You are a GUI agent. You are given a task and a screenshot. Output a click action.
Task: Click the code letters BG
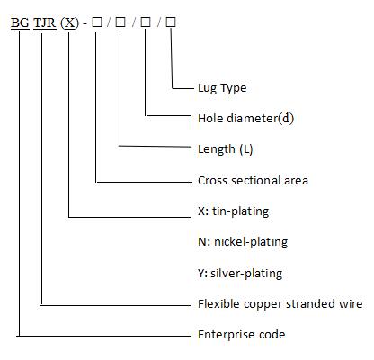[x=20, y=22]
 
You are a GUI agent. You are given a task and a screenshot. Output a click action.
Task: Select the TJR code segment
[x=45, y=22]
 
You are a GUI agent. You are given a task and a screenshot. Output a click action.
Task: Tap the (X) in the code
[x=69, y=22]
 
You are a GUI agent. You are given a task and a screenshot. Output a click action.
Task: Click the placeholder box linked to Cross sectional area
[x=97, y=22]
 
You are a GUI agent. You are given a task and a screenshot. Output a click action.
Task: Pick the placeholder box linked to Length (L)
[x=120, y=22]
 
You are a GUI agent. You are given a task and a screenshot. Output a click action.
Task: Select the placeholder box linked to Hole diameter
[x=146, y=22]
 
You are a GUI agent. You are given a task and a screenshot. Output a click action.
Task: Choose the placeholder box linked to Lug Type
[x=171, y=22]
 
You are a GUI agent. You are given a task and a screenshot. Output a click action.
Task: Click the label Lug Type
[x=222, y=88]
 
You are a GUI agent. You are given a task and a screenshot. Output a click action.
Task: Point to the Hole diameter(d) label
[x=245, y=119]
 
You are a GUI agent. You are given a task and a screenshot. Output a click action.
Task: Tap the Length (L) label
[x=225, y=149]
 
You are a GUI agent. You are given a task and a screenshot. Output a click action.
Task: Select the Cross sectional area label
[x=253, y=181]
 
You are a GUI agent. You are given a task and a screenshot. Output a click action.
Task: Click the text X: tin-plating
[x=233, y=211]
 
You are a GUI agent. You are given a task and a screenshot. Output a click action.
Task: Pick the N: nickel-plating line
[x=243, y=242]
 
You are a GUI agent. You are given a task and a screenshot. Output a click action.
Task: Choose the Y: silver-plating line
[x=240, y=274]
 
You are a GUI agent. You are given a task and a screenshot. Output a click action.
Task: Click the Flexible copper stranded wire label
[x=280, y=304]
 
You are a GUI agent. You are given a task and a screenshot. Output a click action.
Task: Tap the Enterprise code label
[x=241, y=335]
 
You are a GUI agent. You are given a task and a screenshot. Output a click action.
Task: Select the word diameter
[x=253, y=119]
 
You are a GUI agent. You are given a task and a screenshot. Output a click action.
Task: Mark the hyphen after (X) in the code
[x=85, y=23]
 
